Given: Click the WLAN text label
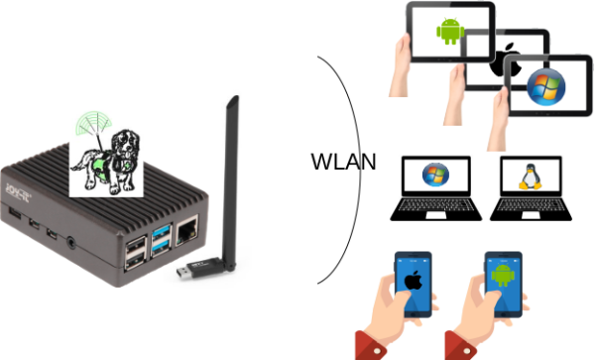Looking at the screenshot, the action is pyautogui.click(x=343, y=162).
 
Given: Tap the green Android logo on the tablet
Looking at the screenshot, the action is pyautogui.click(x=450, y=32).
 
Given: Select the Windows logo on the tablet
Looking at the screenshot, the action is pyautogui.click(x=545, y=87).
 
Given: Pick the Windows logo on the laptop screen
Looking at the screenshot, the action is pyautogui.click(x=435, y=175).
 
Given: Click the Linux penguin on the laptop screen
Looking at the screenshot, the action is pyautogui.click(x=531, y=177).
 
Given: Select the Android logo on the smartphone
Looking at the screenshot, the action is pyautogui.click(x=503, y=275).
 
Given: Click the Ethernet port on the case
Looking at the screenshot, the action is pyautogui.click(x=186, y=230).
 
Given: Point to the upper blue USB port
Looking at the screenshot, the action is pyautogui.click(x=162, y=232).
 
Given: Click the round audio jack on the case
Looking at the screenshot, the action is pyautogui.click(x=71, y=242).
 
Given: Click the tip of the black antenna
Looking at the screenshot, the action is pyautogui.click(x=235, y=97).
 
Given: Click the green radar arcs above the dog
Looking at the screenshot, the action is pyautogui.click(x=94, y=123).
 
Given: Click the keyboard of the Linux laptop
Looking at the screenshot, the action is pyautogui.click(x=531, y=205).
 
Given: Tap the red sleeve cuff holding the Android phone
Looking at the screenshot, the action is pyautogui.click(x=460, y=346).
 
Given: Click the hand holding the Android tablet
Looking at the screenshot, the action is pyautogui.click(x=402, y=64).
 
